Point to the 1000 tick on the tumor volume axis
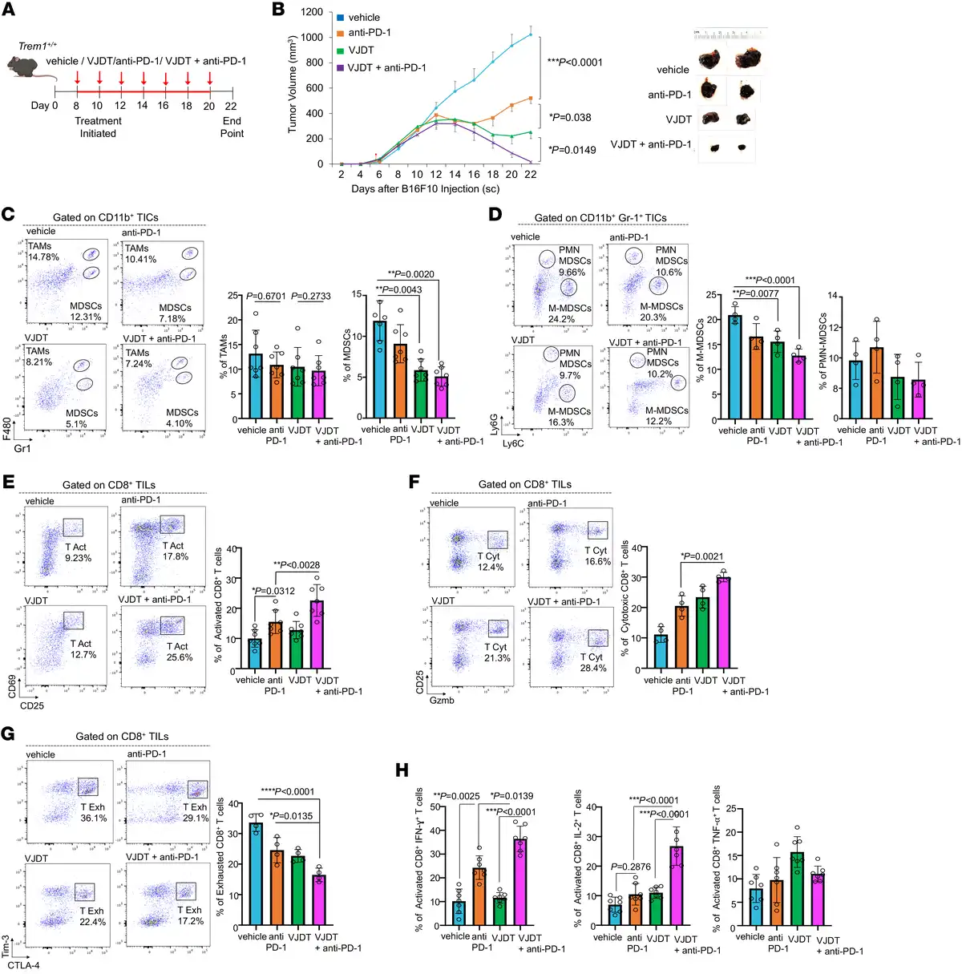[x=311, y=37]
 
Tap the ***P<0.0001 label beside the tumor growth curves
[x=574, y=63]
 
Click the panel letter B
[x=279, y=10]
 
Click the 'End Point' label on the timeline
[x=232, y=127]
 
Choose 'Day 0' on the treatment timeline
[x=44, y=105]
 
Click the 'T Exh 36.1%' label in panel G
[x=93, y=812]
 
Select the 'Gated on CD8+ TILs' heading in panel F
[x=525, y=484]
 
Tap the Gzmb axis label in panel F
[x=442, y=700]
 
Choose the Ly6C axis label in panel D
[x=514, y=443]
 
